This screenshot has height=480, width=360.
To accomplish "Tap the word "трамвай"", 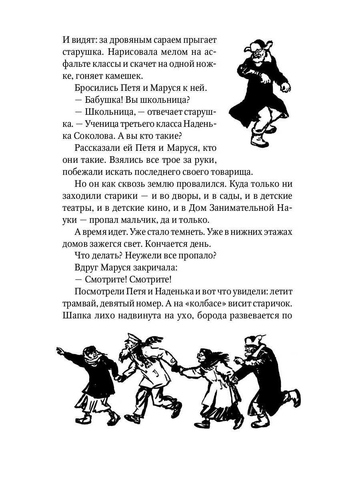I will [x=80, y=304].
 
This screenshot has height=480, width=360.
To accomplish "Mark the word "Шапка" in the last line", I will [x=75, y=316].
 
